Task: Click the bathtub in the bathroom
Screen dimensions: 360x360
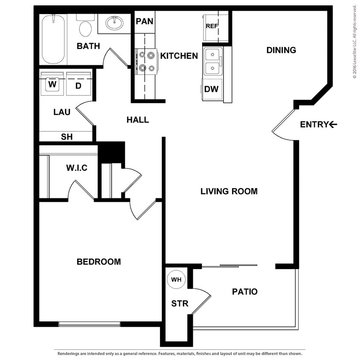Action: (x=54, y=39)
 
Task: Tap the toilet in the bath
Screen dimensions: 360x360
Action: (x=86, y=27)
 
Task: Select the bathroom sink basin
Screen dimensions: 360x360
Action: (x=114, y=23)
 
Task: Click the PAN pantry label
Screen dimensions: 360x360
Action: (x=145, y=21)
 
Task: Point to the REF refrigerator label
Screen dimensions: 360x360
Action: (x=212, y=26)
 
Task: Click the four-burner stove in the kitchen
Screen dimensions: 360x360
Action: (x=146, y=61)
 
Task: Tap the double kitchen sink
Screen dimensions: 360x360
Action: (x=212, y=61)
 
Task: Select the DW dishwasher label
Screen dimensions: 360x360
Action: (x=212, y=89)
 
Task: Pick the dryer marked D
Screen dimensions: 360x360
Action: (x=78, y=85)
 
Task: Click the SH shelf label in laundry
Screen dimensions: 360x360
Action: (x=67, y=137)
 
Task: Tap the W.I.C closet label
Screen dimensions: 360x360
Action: (x=77, y=168)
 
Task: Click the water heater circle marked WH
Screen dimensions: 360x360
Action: (x=176, y=280)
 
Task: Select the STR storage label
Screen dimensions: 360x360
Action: (x=180, y=304)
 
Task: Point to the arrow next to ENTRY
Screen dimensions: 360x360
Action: (x=333, y=125)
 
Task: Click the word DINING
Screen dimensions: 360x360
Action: (x=281, y=50)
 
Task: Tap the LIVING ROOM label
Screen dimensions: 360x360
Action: (x=229, y=191)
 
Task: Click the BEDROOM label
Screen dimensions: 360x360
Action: (x=99, y=261)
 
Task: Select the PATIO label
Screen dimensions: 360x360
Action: (x=245, y=292)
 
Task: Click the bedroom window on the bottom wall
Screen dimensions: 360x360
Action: (x=90, y=324)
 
